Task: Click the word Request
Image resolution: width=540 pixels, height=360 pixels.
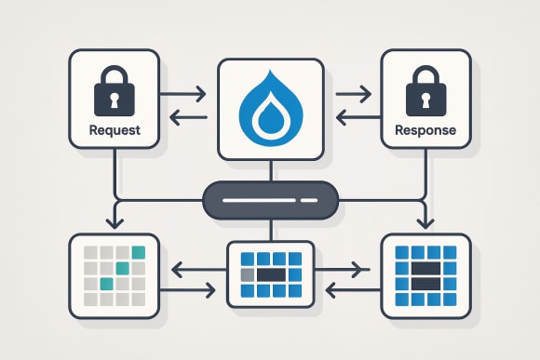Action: pos(115,130)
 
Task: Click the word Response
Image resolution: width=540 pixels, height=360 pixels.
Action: pos(425,130)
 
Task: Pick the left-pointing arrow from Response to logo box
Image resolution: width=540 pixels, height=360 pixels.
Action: pos(355,117)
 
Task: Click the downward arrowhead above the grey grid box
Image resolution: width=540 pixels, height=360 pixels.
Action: pos(115,224)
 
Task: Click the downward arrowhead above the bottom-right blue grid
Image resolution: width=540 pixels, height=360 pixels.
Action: pos(425,224)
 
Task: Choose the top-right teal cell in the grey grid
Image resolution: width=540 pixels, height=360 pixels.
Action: pos(139,252)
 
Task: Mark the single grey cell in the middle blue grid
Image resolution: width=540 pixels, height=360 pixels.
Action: pos(248,275)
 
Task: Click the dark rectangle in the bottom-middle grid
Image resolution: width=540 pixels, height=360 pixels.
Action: pos(270,275)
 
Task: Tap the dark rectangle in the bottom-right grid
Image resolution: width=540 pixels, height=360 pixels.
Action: pos(425,271)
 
